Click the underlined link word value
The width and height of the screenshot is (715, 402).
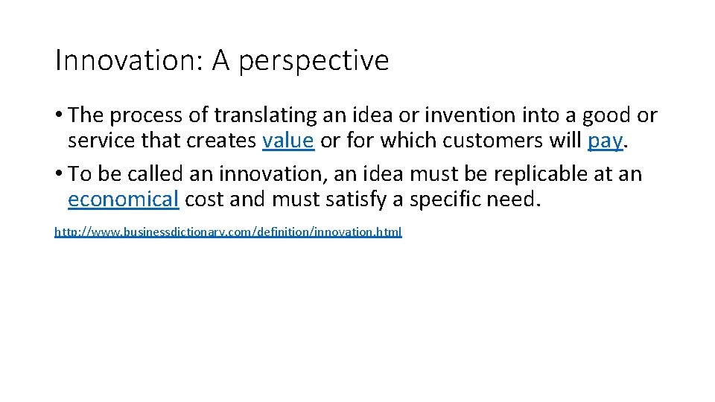pos(288,141)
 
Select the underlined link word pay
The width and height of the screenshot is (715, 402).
pos(604,141)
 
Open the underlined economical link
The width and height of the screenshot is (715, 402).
pos(123,200)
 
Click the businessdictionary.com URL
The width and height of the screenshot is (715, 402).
pos(228,232)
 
